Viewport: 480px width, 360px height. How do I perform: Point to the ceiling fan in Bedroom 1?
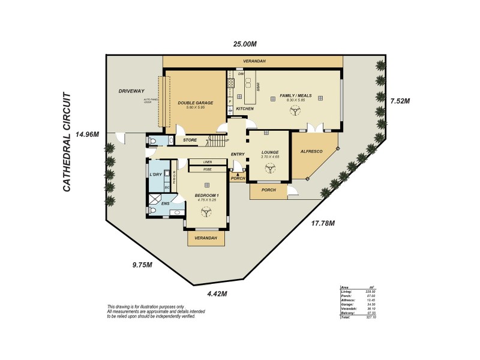[x=206, y=212]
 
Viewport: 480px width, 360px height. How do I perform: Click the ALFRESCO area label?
[x=311, y=152]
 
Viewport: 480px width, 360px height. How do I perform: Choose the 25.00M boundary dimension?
[x=245, y=44]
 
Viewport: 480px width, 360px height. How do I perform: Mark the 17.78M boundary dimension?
[x=323, y=224]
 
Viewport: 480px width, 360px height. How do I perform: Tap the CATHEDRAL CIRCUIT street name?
[x=67, y=142]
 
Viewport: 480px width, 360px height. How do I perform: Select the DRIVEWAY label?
[x=131, y=91]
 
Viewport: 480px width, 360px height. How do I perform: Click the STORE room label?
[x=190, y=140]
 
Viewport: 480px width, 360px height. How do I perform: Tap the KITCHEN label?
[x=245, y=109]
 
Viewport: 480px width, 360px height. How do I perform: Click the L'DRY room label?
[x=155, y=175]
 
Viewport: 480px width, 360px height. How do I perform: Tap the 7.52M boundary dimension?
[x=400, y=101]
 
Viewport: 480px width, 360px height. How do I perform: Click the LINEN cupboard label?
[x=208, y=162]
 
